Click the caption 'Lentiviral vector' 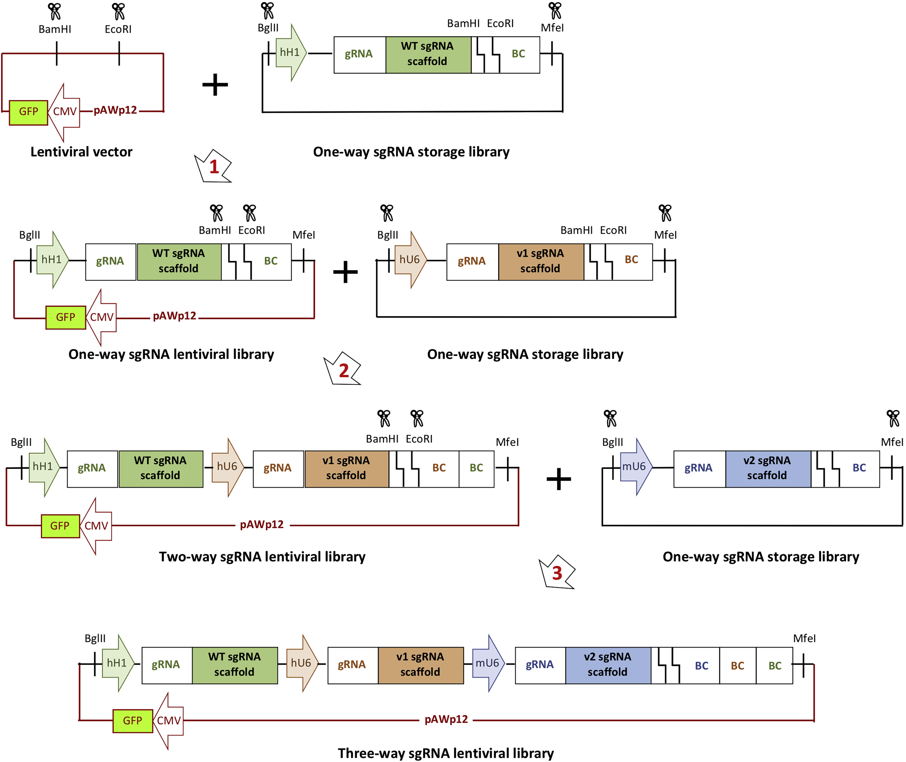[81, 152]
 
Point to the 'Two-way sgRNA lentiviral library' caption [262, 556]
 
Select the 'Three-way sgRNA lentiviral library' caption [446, 753]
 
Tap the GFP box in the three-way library [133, 721]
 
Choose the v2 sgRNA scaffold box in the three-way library [608, 665]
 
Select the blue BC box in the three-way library [701, 666]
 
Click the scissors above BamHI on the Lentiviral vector [55, 11]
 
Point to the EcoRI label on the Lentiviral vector [118, 29]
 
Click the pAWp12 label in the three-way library [446, 719]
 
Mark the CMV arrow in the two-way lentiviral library [96, 526]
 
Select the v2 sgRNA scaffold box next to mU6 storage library [767, 468]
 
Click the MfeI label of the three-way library [804, 638]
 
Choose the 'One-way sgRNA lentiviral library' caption [171, 354]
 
